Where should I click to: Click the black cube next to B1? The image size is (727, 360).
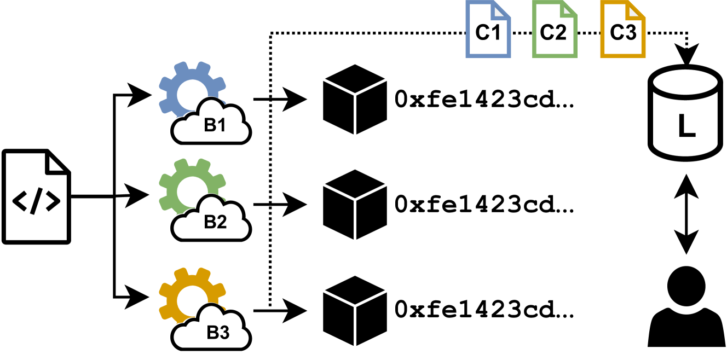[355, 100]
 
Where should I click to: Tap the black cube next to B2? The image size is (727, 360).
[355, 205]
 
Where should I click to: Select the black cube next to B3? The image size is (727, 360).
[355, 311]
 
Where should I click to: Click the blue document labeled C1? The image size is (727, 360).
[488, 30]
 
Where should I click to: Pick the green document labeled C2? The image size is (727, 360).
[555, 30]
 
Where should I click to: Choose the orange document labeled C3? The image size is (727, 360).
[623, 30]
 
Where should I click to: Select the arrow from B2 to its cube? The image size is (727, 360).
[279, 205]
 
